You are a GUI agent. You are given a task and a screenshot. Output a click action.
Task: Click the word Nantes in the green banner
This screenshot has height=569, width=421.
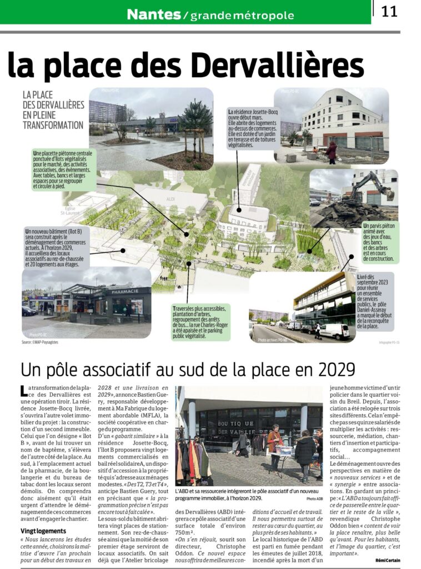[x=154, y=14]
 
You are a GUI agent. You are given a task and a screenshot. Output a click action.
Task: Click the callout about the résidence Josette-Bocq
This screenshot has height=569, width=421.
[x=253, y=128]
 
